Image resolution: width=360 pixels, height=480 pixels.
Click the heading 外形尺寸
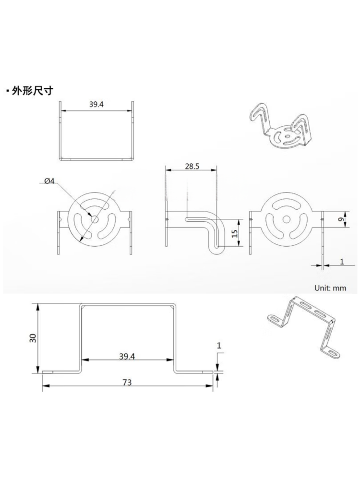point(33,91)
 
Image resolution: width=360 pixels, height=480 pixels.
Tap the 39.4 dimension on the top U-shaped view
point(96,104)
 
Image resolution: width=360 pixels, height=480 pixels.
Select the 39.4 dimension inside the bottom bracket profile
point(127,356)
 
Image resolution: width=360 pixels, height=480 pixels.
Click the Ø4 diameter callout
point(49,181)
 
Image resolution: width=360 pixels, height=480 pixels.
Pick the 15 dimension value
point(235,234)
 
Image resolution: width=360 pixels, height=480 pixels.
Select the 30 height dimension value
point(34,337)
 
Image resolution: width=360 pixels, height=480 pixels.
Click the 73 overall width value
point(127,383)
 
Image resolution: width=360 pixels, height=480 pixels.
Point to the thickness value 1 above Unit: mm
point(342,262)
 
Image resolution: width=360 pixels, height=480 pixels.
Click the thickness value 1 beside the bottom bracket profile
point(219,346)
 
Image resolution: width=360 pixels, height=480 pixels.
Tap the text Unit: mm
point(330,288)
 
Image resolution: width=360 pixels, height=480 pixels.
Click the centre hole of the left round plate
point(95,219)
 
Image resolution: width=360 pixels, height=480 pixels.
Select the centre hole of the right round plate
point(286,219)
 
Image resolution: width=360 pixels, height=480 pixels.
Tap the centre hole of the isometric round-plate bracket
point(288,135)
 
